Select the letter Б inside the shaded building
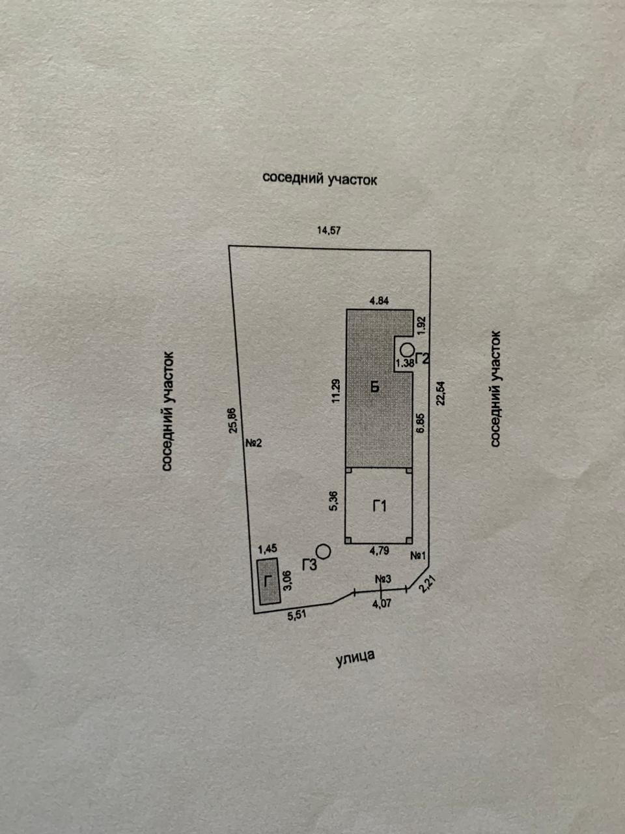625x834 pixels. coord(375,387)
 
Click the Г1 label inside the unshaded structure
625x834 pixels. coord(380,506)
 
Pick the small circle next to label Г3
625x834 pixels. coord(323,551)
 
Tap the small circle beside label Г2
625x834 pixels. coord(406,349)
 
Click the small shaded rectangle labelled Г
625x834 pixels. coord(267,581)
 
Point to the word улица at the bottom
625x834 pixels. coord(355,658)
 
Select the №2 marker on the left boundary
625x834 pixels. coord(253,444)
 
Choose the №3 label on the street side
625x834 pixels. coord(382,579)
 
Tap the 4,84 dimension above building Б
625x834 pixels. coord(379,301)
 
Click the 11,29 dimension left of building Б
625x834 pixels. coord(336,392)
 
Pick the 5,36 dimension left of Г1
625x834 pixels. coord(333,500)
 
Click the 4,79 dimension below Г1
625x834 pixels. coord(379,551)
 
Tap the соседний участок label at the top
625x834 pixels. coord(320,178)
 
